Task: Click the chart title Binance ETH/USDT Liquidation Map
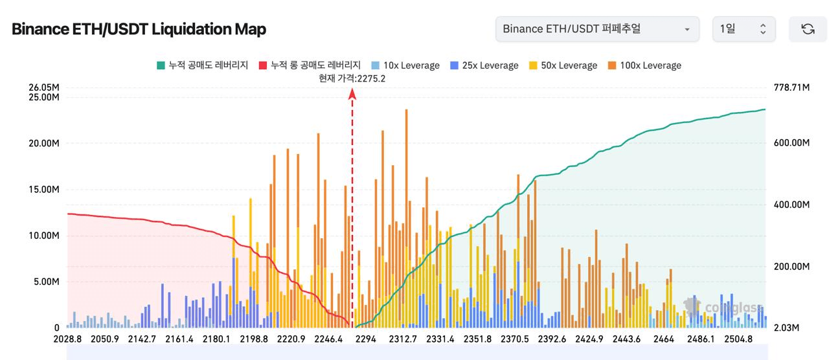click(139, 29)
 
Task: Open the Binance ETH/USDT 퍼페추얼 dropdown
click(596, 29)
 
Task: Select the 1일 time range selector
click(743, 29)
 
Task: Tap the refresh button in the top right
click(808, 29)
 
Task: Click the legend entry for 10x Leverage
click(405, 65)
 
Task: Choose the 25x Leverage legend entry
click(484, 65)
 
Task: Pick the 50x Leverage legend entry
click(563, 65)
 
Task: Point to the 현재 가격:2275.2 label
click(352, 78)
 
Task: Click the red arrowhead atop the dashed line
click(352, 94)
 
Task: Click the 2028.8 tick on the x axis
click(67, 339)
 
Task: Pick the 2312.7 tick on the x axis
click(403, 339)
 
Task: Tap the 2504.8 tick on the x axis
click(738, 339)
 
